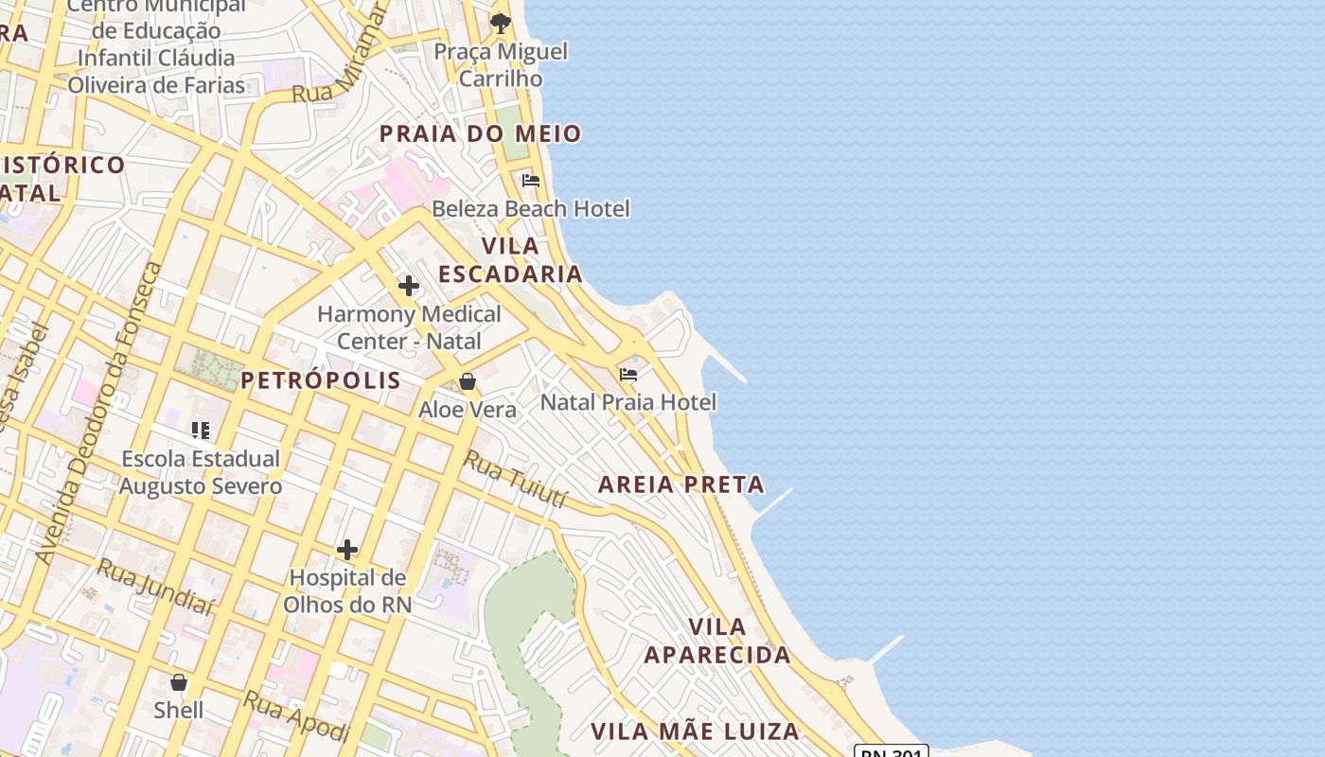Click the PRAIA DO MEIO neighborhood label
[480, 133]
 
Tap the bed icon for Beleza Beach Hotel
[531, 180]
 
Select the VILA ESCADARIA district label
[510, 259]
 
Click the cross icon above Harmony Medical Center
[409, 285]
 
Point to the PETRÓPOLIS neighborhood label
[321, 380]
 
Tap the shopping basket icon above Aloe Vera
[468, 381]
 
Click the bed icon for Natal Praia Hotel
[628, 375]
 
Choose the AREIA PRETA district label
[681, 484]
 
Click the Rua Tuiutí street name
[515, 480]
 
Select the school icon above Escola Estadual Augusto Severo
[201, 431]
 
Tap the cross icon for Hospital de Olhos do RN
[347, 549]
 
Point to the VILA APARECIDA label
[717, 641]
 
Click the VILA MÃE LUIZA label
[696, 731]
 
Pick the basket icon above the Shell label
[179, 682]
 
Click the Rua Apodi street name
[296, 716]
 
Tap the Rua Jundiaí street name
[154, 586]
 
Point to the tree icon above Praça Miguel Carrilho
[501, 23]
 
